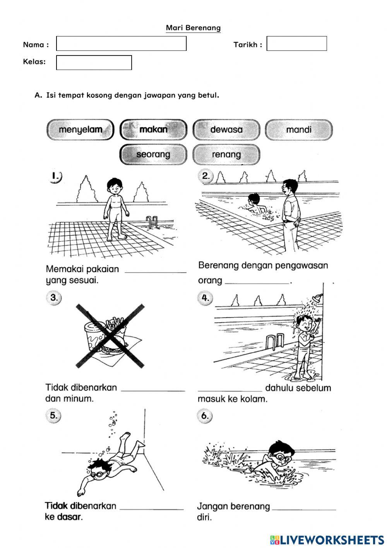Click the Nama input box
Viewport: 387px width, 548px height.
pos(121,43)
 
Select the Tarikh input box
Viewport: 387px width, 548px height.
pos(296,43)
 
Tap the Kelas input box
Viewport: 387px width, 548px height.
pos(94,62)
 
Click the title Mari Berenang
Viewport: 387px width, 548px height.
pos(193,28)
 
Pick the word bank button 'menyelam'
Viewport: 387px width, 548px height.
pos(80,130)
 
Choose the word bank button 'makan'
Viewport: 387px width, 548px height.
pos(153,130)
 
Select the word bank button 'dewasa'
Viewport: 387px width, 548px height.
pos(226,130)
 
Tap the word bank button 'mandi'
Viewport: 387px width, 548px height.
pos(299,130)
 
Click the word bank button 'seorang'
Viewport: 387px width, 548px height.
pos(153,154)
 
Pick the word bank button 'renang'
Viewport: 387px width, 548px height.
pos(226,154)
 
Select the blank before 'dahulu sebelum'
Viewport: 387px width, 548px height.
pos(230,388)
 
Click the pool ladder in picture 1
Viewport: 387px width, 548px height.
pos(152,222)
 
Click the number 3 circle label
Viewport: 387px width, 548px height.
pos(54,298)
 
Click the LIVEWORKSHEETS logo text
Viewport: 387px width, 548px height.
pos(332,539)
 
